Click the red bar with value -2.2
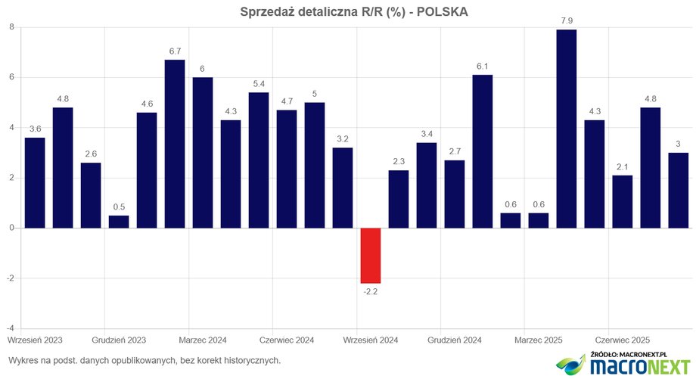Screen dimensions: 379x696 point(371,256)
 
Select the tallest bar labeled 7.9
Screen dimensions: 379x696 point(566,129)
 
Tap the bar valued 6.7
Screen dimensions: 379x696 point(175,144)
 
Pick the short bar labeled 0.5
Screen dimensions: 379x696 point(119,222)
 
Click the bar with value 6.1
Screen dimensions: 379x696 point(483,151)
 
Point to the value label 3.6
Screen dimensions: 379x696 point(35,129)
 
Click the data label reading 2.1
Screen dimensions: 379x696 point(622,167)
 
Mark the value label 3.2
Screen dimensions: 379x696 point(343,139)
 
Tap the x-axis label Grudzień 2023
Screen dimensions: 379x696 point(119,340)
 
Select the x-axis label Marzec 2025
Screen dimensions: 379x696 point(539,340)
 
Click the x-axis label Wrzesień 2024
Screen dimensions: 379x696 point(371,340)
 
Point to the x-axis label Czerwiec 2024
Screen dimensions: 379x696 point(287,340)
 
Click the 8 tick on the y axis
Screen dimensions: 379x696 point(11,27)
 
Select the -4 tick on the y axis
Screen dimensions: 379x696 point(10,328)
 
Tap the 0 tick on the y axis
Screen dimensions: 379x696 point(11,228)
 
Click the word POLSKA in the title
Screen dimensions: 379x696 point(442,11)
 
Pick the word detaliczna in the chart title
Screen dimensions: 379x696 point(334,11)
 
